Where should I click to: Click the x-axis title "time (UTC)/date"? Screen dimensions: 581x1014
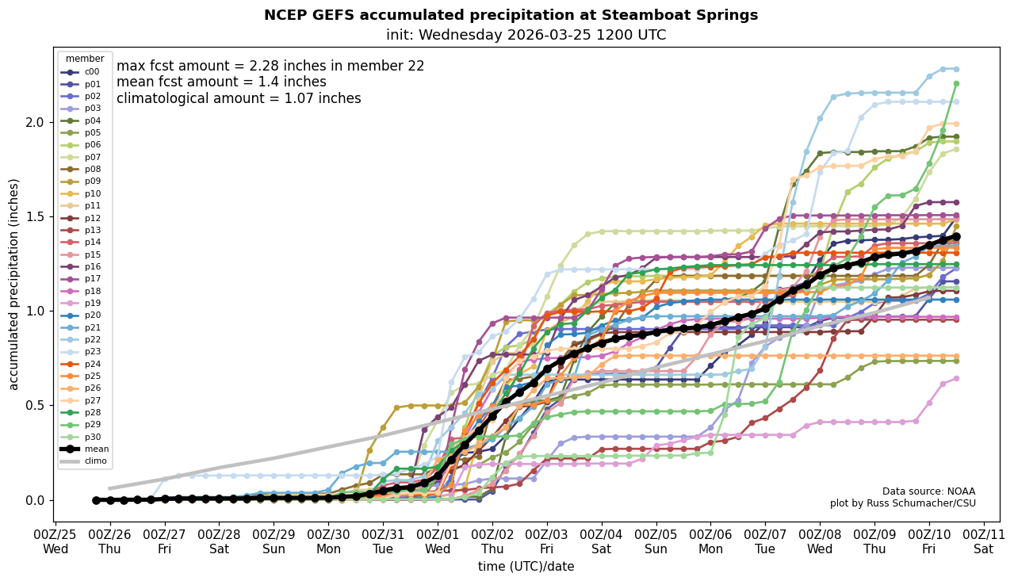(x=526, y=567)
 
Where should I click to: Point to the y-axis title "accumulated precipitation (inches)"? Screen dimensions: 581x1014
(x=14, y=284)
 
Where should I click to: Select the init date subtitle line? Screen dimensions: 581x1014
(x=526, y=35)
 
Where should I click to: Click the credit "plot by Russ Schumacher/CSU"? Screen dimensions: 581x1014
(x=902, y=503)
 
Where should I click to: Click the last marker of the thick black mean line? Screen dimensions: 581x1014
(x=956, y=236)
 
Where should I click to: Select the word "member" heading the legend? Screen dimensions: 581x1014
(x=85, y=59)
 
